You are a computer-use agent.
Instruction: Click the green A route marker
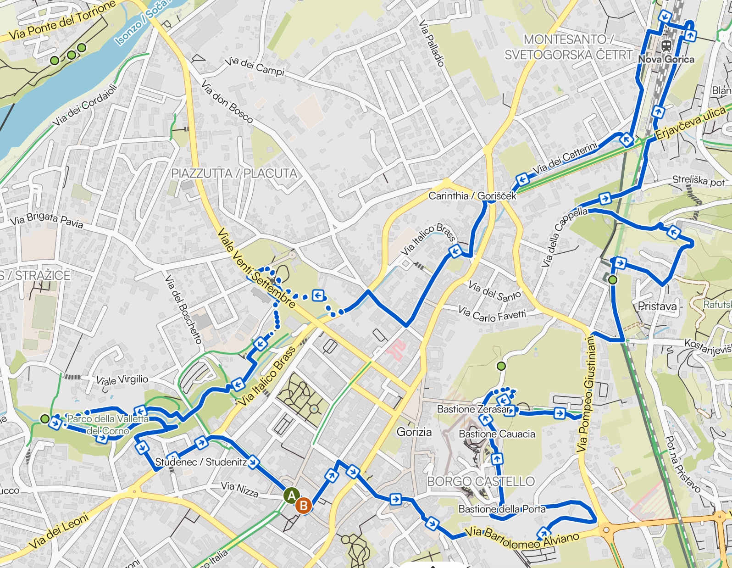click(291, 496)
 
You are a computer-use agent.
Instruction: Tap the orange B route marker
click(303, 506)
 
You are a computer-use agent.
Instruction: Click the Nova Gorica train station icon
click(666, 46)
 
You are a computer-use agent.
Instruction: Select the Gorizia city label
click(414, 432)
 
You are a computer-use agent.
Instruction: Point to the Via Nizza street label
click(239, 489)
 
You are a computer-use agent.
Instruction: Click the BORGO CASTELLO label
click(481, 481)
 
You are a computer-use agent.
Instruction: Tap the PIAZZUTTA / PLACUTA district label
click(234, 173)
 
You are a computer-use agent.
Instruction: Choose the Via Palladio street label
click(432, 44)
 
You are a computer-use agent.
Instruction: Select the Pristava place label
click(657, 306)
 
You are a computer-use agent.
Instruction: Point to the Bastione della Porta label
click(502, 509)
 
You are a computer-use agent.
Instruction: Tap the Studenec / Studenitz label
click(201, 462)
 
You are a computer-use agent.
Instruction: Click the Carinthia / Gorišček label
click(472, 196)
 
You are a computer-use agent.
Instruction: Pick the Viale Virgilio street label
click(122, 380)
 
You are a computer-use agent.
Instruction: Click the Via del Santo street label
click(494, 292)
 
